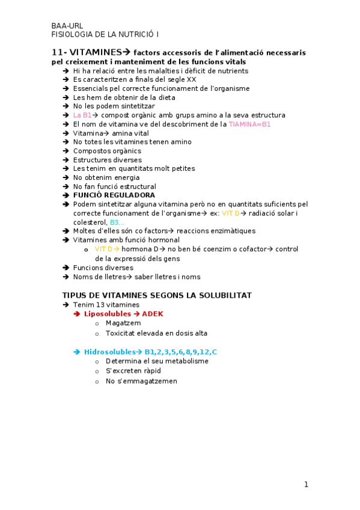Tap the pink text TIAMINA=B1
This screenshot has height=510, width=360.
(250, 124)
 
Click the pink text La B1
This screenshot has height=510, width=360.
(82, 115)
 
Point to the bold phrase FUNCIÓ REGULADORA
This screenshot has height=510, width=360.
(114, 195)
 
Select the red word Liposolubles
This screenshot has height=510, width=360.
(108, 314)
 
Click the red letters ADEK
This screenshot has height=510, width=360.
(153, 314)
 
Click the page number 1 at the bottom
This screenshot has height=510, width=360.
(306, 484)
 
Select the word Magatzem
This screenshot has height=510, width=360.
(123, 323)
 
